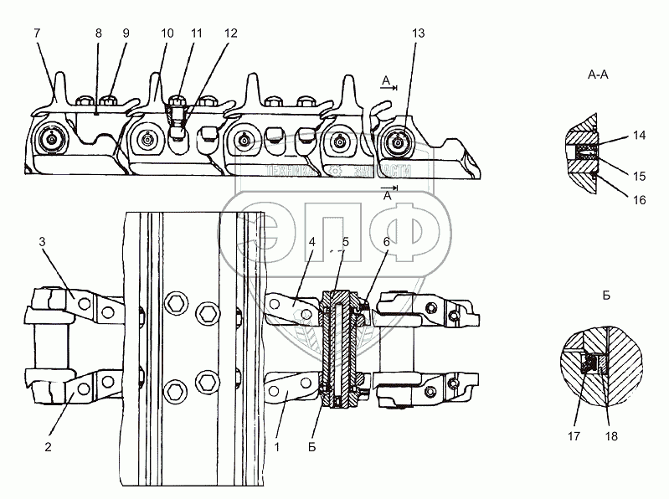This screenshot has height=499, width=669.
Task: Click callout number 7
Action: click(x=37, y=33)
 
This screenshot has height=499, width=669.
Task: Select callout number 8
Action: click(x=98, y=33)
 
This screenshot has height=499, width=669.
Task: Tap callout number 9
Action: click(x=126, y=33)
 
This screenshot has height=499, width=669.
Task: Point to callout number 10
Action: click(x=167, y=33)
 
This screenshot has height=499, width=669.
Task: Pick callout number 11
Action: click(x=197, y=33)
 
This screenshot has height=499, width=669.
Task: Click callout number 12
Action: click(x=229, y=33)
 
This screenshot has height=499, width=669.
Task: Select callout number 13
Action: click(x=419, y=33)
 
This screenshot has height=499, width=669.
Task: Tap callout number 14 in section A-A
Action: click(x=639, y=134)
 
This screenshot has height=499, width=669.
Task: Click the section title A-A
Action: click(x=599, y=75)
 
